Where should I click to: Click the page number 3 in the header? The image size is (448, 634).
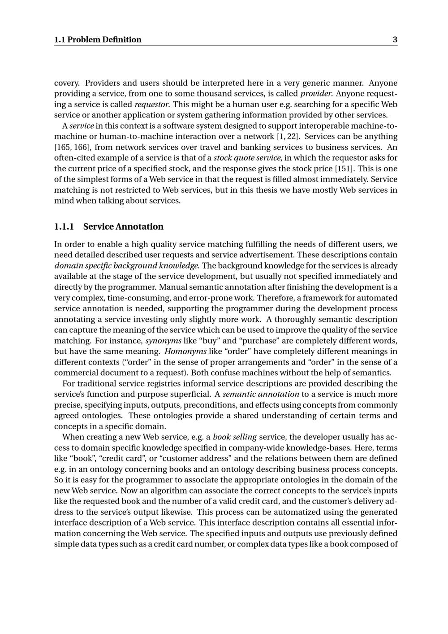tap(395, 39)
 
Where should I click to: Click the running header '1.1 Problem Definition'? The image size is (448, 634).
tap(98, 39)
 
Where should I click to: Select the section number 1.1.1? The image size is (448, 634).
tap(64, 226)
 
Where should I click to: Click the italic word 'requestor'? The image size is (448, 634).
tap(152, 104)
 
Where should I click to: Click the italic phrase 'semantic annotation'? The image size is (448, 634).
tap(261, 394)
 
